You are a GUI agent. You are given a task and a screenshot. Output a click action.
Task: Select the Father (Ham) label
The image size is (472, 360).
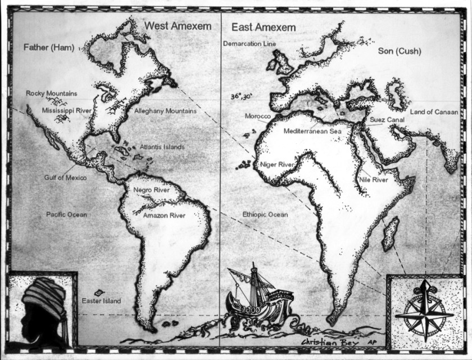[45, 48]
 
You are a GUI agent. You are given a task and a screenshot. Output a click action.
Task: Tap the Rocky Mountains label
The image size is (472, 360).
[52, 93]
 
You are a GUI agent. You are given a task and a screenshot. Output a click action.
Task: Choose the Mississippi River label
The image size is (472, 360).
[66, 111]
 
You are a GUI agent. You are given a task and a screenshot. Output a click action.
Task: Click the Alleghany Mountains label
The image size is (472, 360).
[165, 111]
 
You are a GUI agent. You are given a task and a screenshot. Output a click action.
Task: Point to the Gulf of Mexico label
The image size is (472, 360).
[65, 178]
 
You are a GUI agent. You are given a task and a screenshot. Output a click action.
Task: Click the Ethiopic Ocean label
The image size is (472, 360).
[265, 215]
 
